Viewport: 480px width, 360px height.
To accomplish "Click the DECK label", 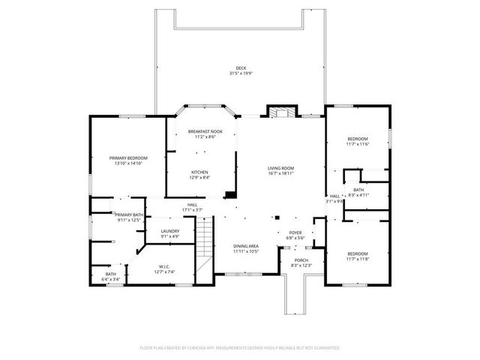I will click(x=241, y=68).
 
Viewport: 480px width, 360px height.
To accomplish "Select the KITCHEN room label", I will click(x=199, y=172).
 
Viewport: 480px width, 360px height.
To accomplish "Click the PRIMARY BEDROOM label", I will click(x=128, y=157).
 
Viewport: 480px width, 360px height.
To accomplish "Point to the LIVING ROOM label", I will click(x=281, y=167).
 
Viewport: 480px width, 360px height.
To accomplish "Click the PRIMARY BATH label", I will click(x=128, y=214).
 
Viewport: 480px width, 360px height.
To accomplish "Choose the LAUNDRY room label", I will click(x=169, y=231).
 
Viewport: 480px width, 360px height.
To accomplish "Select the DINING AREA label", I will click(x=246, y=246).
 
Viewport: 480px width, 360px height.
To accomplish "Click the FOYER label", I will click(x=295, y=232).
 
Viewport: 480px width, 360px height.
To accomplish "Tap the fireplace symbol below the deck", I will click(x=279, y=112).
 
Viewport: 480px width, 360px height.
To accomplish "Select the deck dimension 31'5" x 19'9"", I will click(x=241, y=73).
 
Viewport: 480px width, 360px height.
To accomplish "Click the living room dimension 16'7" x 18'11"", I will click(x=281, y=172).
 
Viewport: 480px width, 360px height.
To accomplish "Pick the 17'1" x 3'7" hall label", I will click(x=193, y=209).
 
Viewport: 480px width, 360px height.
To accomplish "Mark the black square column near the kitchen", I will click(x=231, y=195).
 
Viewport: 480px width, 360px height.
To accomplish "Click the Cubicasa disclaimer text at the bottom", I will click(x=240, y=348).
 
